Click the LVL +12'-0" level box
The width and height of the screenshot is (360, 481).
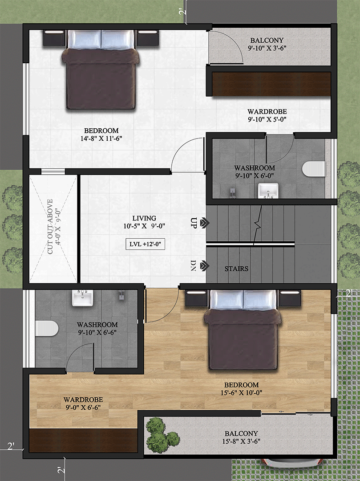coord(145,245)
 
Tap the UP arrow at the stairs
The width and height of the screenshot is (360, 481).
coord(204,223)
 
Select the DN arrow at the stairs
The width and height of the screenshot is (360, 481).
coord(204,265)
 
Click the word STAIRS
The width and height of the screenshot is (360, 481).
coord(236,269)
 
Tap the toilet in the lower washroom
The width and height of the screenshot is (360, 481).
coord(47,328)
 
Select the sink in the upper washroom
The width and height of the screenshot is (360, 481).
coord(268,191)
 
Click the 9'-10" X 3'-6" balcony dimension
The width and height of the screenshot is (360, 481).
coord(267,48)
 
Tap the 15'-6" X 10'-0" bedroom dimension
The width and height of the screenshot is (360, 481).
coord(242,393)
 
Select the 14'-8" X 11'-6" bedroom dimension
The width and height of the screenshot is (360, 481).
coord(101,139)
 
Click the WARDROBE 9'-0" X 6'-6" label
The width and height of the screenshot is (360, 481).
coord(83,404)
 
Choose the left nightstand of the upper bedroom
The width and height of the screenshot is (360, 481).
coord(54,38)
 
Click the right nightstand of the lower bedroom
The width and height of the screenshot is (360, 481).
coord(290,298)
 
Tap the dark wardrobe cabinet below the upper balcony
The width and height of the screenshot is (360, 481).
coord(271,84)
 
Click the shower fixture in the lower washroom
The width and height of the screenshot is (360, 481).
coord(121,295)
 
